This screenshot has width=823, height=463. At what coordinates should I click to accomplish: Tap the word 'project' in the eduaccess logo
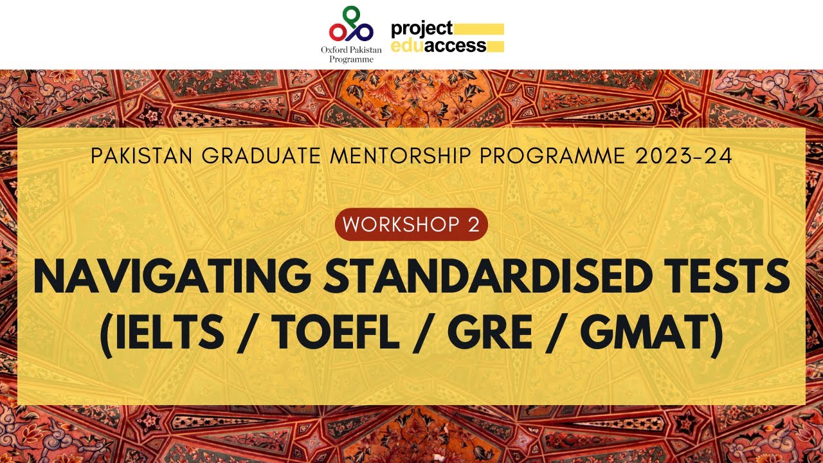click(x=422, y=29)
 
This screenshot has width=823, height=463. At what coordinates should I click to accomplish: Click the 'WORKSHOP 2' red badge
click(x=411, y=224)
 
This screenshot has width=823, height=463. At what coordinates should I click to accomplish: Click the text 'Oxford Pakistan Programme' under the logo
click(x=350, y=54)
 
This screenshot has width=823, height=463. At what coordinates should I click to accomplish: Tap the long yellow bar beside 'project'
click(x=480, y=29)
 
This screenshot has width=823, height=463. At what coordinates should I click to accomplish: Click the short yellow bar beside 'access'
click(x=496, y=46)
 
